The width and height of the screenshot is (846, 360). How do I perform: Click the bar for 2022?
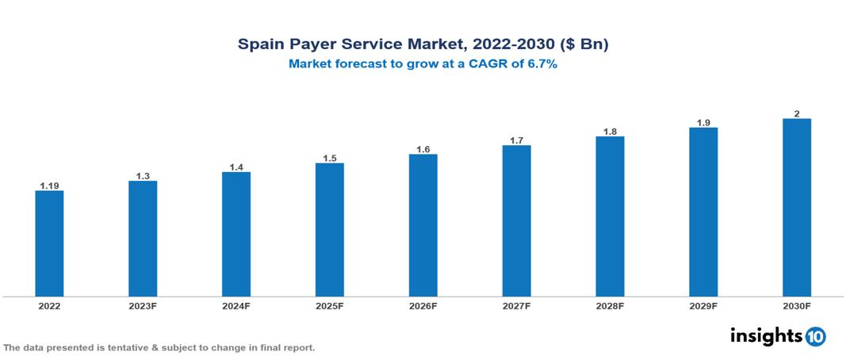coord(49,243)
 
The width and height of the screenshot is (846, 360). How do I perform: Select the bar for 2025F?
coord(329,230)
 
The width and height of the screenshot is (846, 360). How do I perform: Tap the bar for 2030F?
coord(796,208)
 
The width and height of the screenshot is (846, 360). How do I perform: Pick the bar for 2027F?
coord(516,221)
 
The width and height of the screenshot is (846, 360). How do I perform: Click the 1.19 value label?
coord(49,186)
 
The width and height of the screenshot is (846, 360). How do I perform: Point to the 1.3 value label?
coord(143,176)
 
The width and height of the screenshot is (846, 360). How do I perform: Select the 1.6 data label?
coord(423,149)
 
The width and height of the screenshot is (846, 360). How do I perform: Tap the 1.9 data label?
coord(703,122)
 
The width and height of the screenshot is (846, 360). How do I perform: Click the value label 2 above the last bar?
coord(796,113)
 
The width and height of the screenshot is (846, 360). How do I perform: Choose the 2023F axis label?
coord(143,306)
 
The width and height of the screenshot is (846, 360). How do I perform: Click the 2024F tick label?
coord(236,306)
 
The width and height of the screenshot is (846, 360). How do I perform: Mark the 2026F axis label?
coord(423,306)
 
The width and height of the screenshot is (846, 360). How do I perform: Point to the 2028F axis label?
coord(610,306)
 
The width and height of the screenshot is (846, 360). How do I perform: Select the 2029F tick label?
coord(703,306)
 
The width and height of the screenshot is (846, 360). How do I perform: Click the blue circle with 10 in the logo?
coord(815,336)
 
